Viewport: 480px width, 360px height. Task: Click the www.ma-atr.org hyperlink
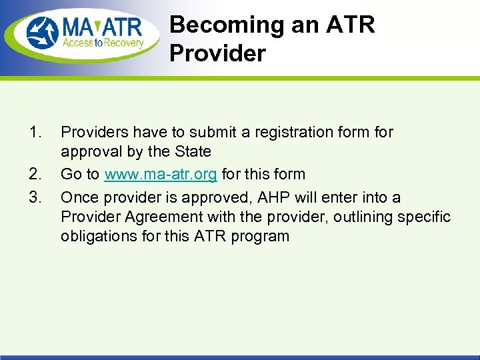pyautogui.click(x=160, y=175)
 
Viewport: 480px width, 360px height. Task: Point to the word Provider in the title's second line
pyautogui.click(x=217, y=53)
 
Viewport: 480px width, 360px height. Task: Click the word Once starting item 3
pyautogui.click(x=79, y=197)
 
